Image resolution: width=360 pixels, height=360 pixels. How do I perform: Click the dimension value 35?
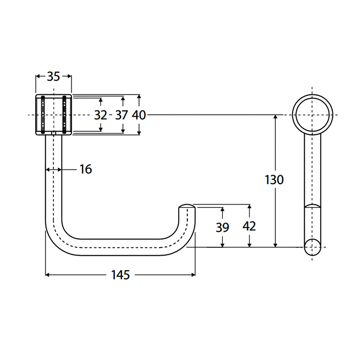[x=53, y=77]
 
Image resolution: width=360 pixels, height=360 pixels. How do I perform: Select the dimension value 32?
[x=100, y=115]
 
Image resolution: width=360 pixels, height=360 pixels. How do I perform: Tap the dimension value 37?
[x=122, y=115]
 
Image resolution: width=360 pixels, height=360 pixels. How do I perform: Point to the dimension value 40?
[x=139, y=115]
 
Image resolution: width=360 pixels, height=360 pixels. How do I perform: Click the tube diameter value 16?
[x=86, y=169]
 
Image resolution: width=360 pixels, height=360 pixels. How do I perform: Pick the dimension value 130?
[x=274, y=180]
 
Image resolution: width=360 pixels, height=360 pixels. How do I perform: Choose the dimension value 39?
[x=222, y=228]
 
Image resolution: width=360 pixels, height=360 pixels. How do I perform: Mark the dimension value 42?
[x=249, y=226]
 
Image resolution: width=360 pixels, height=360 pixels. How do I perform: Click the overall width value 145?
[x=120, y=275]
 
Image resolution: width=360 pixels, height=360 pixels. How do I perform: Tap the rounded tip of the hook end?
[x=187, y=206]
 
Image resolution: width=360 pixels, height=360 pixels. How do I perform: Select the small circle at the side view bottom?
[x=313, y=247]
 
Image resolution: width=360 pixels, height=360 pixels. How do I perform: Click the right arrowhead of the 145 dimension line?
[x=193, y=275]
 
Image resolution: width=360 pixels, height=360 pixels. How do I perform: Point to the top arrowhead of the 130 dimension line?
[x=275, y=117]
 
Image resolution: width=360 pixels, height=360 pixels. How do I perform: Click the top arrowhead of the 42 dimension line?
[x=249, y=206]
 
